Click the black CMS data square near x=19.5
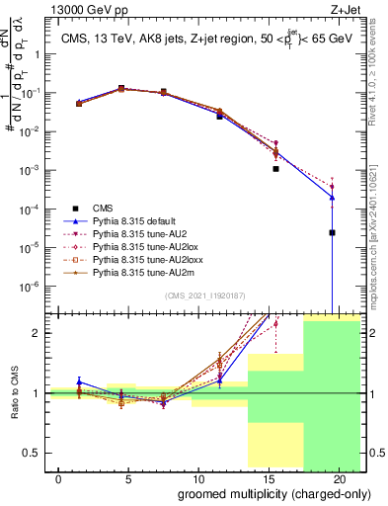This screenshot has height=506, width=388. click(x=332, y=233)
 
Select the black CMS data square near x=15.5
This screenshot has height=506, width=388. click(x=276, y=169)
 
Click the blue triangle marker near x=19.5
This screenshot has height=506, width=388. click(x=332, y=197)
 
